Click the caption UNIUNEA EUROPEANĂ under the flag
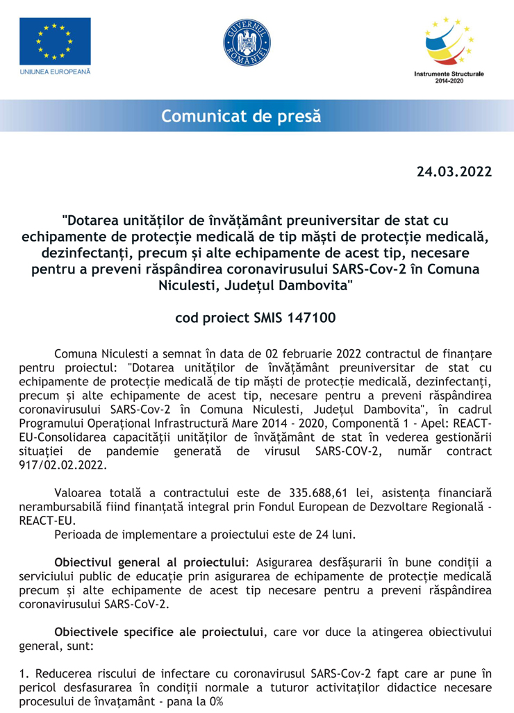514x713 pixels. pos(55,72)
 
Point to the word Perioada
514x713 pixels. pos(78,535)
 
